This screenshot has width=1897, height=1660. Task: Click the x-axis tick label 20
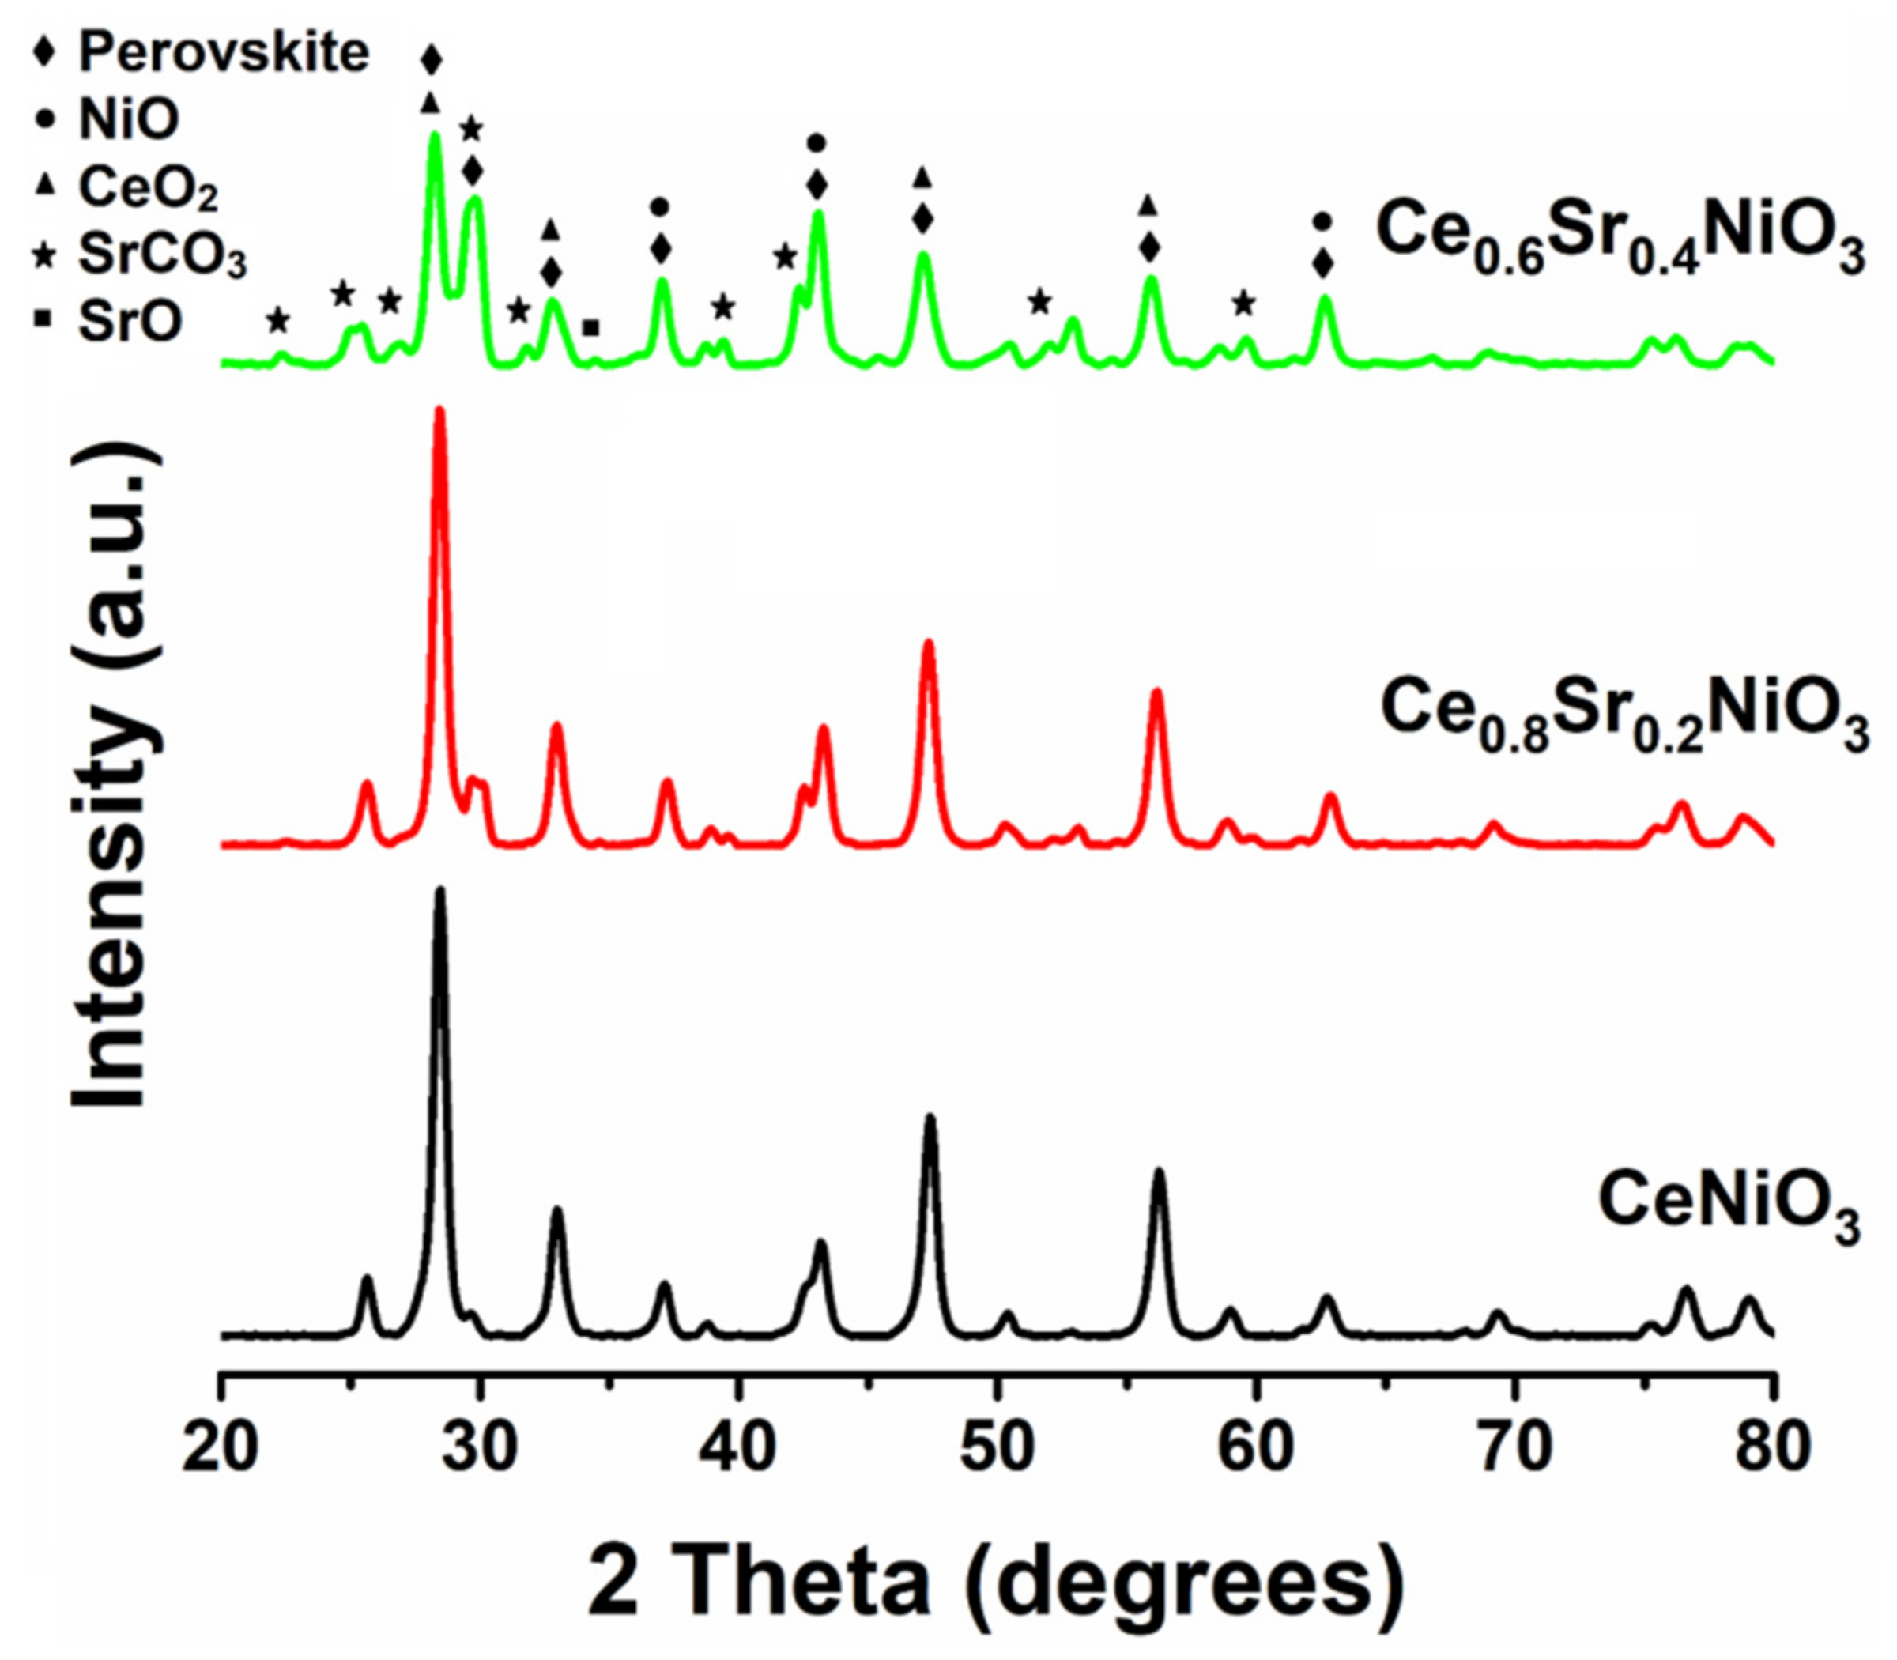click(220, 1446)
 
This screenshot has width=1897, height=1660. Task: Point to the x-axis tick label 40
click(737, 1446)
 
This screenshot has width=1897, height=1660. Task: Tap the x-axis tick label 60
click(1256, 1446)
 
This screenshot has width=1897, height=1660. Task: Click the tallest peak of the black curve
click(440, 891)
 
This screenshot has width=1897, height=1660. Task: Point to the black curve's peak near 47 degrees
click(930, 1118)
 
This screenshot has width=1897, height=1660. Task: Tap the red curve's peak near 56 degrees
click(1156, 692)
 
